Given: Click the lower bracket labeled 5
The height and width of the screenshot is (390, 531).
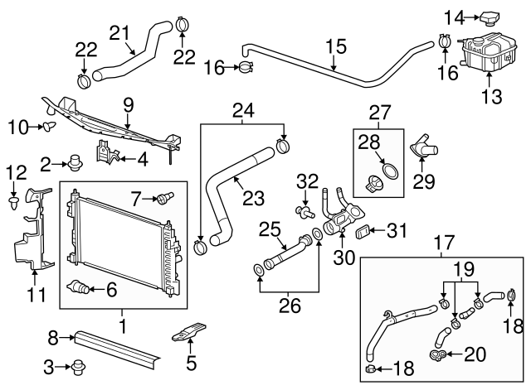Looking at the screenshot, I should click(x=186, y=337).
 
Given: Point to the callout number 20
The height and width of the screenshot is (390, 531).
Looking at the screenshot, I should click(x=474, y=354).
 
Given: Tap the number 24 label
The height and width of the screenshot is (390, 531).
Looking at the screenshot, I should click(x=243, y=109).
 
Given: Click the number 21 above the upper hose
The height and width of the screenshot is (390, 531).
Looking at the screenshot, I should click(x=120, y=32).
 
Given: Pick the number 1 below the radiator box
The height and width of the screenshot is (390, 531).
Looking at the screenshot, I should click(x=123, y=327).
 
